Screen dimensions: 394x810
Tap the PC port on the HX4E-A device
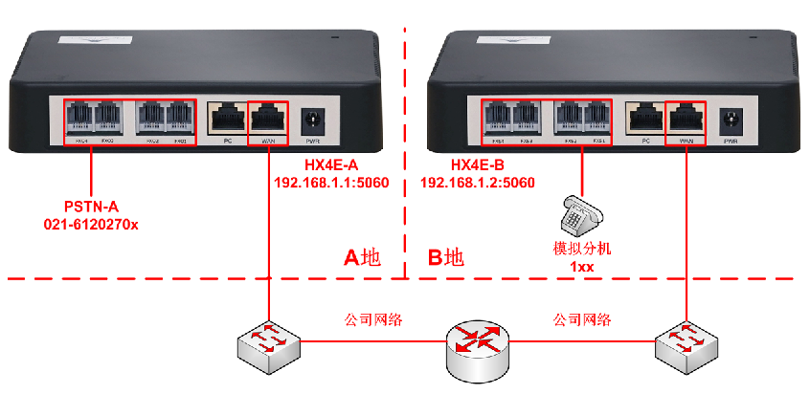pyautogui.click(x=227, y=120)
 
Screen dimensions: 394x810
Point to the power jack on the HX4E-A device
pyautogui.click(x=311, y=121)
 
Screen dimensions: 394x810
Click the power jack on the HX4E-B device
pyautogui.click(x=731, y=121)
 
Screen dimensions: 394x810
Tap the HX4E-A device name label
pyautogui.click(x=331, y=164)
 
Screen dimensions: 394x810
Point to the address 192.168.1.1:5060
pyautogui.click(x=331, y=182)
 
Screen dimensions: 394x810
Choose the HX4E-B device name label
pyautogui.click(x=464, y=164)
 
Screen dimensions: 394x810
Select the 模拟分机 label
pyautogui.click(x=582, y=249)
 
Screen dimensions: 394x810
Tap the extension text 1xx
pyautogui.click(x=582, y=267)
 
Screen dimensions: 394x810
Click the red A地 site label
pyautogui.click(x=362, y=257)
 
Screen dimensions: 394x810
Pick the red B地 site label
pyautogui.click(x=446, y=257)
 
